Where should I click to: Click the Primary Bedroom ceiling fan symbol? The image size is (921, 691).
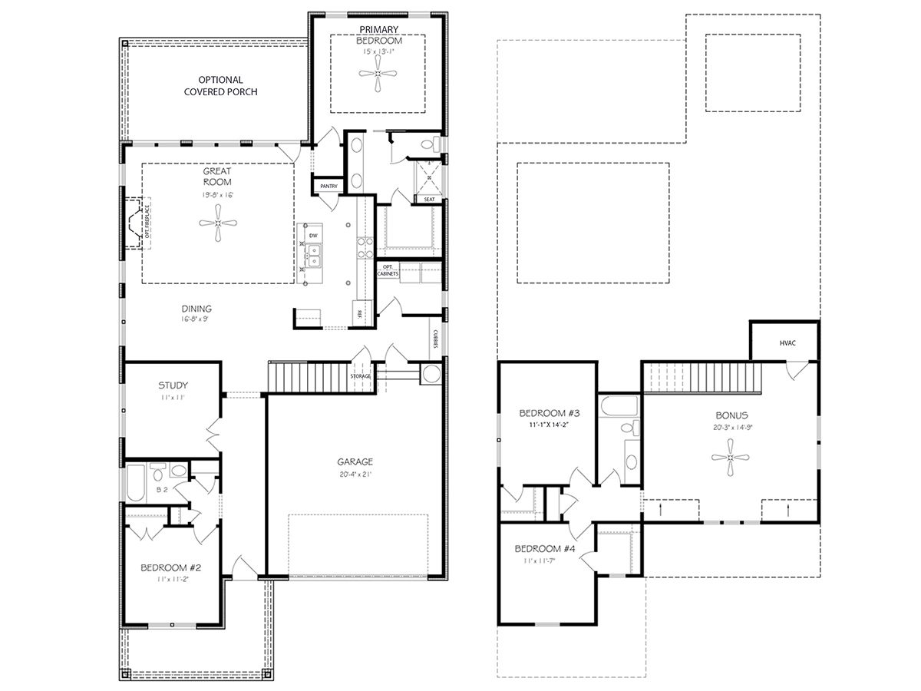click(x=378, y=74)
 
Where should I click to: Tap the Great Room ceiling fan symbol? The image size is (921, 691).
click(x=218, y=223)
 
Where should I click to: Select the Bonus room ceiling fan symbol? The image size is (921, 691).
click(x=730, y=458)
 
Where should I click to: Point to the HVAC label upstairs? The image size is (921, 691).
click(x=787, y=343)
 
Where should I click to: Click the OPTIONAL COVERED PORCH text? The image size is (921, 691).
click(x=220, y=85)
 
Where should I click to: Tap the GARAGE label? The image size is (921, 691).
click(x=355, y=461)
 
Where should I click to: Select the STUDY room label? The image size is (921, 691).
click(x=173, y=385)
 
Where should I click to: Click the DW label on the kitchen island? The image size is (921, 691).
click(x=312, y=235)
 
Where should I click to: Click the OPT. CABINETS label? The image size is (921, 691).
click(x=387, y=269)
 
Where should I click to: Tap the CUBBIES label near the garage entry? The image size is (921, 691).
click(x=434, y=339)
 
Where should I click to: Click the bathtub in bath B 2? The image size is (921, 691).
click(x=136, y=483)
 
